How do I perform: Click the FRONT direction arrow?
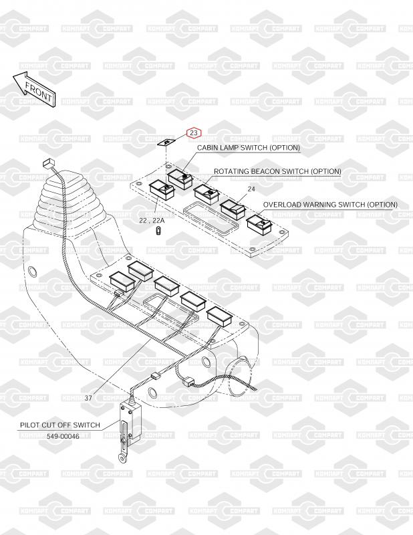(x=34, y=90)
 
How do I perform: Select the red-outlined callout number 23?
(x=194, y=132)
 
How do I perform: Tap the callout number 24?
(x=251, y=189)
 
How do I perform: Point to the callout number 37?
(x=88, y=398)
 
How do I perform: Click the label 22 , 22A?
(x=152, y=221)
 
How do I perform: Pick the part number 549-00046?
(x=63, y=436)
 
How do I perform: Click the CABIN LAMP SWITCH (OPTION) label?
(x=249, y=148)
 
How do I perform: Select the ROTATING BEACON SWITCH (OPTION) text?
(x=277, y=171)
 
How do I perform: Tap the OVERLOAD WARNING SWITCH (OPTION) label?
(x=330, y=205)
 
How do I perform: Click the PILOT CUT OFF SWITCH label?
(x=60, y=425)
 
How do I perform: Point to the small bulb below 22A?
(x=158, y=231)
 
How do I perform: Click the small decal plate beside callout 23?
(x=166, y=142)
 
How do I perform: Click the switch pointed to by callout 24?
(x=233, y=209)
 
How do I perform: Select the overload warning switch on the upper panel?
(x=259, y=225)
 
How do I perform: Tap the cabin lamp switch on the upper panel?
(x=180, y=179)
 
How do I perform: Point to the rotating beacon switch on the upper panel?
(x=206, y=194)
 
